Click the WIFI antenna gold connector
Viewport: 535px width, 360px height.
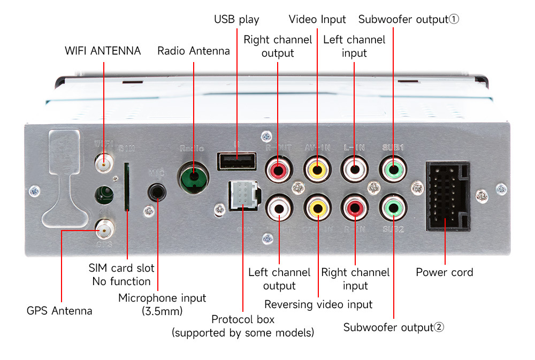103,162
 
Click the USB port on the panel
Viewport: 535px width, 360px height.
236,160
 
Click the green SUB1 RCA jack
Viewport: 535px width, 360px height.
393,169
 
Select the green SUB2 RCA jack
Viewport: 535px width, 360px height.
393,207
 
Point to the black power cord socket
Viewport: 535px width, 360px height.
448,196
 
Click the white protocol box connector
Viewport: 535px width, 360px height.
243,196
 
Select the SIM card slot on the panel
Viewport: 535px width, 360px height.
127,187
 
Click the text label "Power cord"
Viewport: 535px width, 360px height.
445,272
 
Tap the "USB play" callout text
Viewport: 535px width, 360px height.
236,20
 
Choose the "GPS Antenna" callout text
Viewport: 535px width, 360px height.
59,311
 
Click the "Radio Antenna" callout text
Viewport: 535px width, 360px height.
193,51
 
